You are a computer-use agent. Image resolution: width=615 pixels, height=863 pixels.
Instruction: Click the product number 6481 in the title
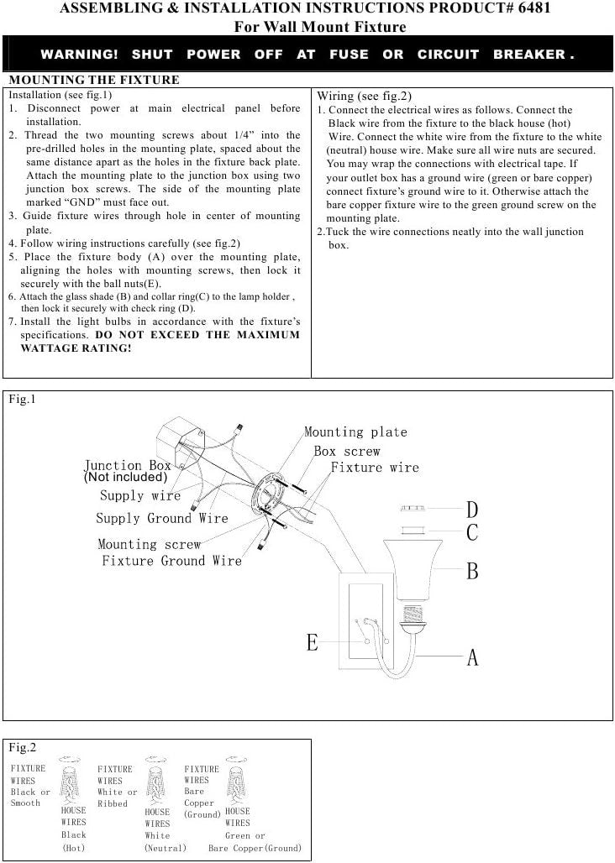(x=534, y=8)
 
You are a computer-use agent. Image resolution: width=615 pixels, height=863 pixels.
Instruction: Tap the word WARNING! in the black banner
(x=79, y=55)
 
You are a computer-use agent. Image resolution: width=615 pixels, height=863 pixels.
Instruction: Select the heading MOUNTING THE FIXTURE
(x=94, y=80)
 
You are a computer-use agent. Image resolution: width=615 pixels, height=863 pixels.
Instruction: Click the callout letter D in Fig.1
(x=472, y=510)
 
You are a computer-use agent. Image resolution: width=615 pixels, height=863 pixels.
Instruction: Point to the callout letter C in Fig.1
(x=472, y=533)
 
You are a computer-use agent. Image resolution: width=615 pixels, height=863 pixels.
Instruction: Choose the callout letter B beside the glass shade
(x=472, y=572)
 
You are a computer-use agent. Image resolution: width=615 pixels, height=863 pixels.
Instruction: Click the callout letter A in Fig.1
(x=472, y=657)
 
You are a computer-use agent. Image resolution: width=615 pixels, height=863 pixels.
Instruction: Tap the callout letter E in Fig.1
(x=313, y=642)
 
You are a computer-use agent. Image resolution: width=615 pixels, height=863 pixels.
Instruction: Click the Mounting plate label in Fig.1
(x=355, y=432)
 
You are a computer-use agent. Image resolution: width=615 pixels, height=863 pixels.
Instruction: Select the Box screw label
(x=347, y=452)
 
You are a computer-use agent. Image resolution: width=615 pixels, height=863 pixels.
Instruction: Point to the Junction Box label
(x=128, y=465)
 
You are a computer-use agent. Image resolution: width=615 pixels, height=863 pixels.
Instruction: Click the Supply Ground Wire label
(x=162, y=519)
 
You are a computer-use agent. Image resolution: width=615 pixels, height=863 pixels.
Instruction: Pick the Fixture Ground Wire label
(x=171, y=561)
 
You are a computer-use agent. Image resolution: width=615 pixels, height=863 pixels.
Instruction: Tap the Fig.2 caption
(x=22, y=747)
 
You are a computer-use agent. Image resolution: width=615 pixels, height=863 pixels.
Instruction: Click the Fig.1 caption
(x=22, y=399)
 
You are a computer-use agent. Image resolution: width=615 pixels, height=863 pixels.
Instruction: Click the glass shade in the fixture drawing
(x=413, y=570)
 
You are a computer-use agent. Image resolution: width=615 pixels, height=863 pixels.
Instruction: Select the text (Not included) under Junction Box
(x=125, y=477)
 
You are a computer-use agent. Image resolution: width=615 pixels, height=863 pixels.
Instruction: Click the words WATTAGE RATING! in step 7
(x=76, y=348)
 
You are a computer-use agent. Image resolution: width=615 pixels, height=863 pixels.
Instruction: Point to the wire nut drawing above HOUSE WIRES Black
(x=70, y=782)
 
